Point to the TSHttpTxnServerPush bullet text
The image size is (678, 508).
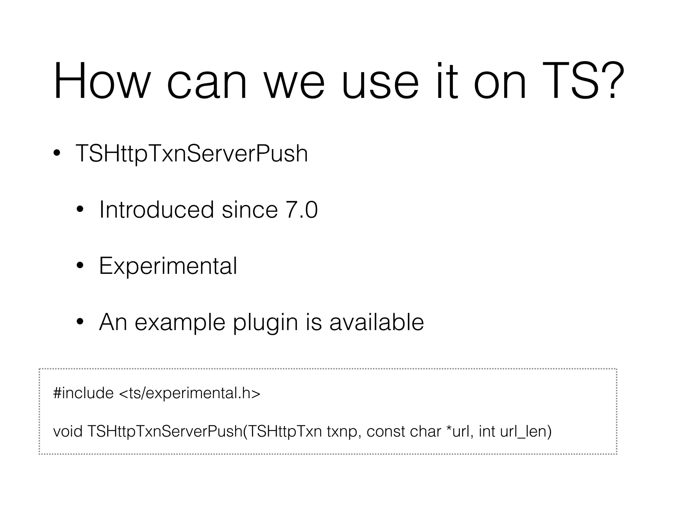pos(192,153)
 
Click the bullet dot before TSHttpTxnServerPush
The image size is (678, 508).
pos(57,153)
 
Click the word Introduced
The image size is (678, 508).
pos(157,210)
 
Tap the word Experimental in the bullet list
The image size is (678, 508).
pos(168,266)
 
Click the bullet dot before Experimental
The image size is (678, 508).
pos(80,266)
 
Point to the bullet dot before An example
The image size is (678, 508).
pos(80,322)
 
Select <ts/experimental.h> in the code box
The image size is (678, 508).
pos(189,393)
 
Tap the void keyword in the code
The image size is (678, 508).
pos(68,431)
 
